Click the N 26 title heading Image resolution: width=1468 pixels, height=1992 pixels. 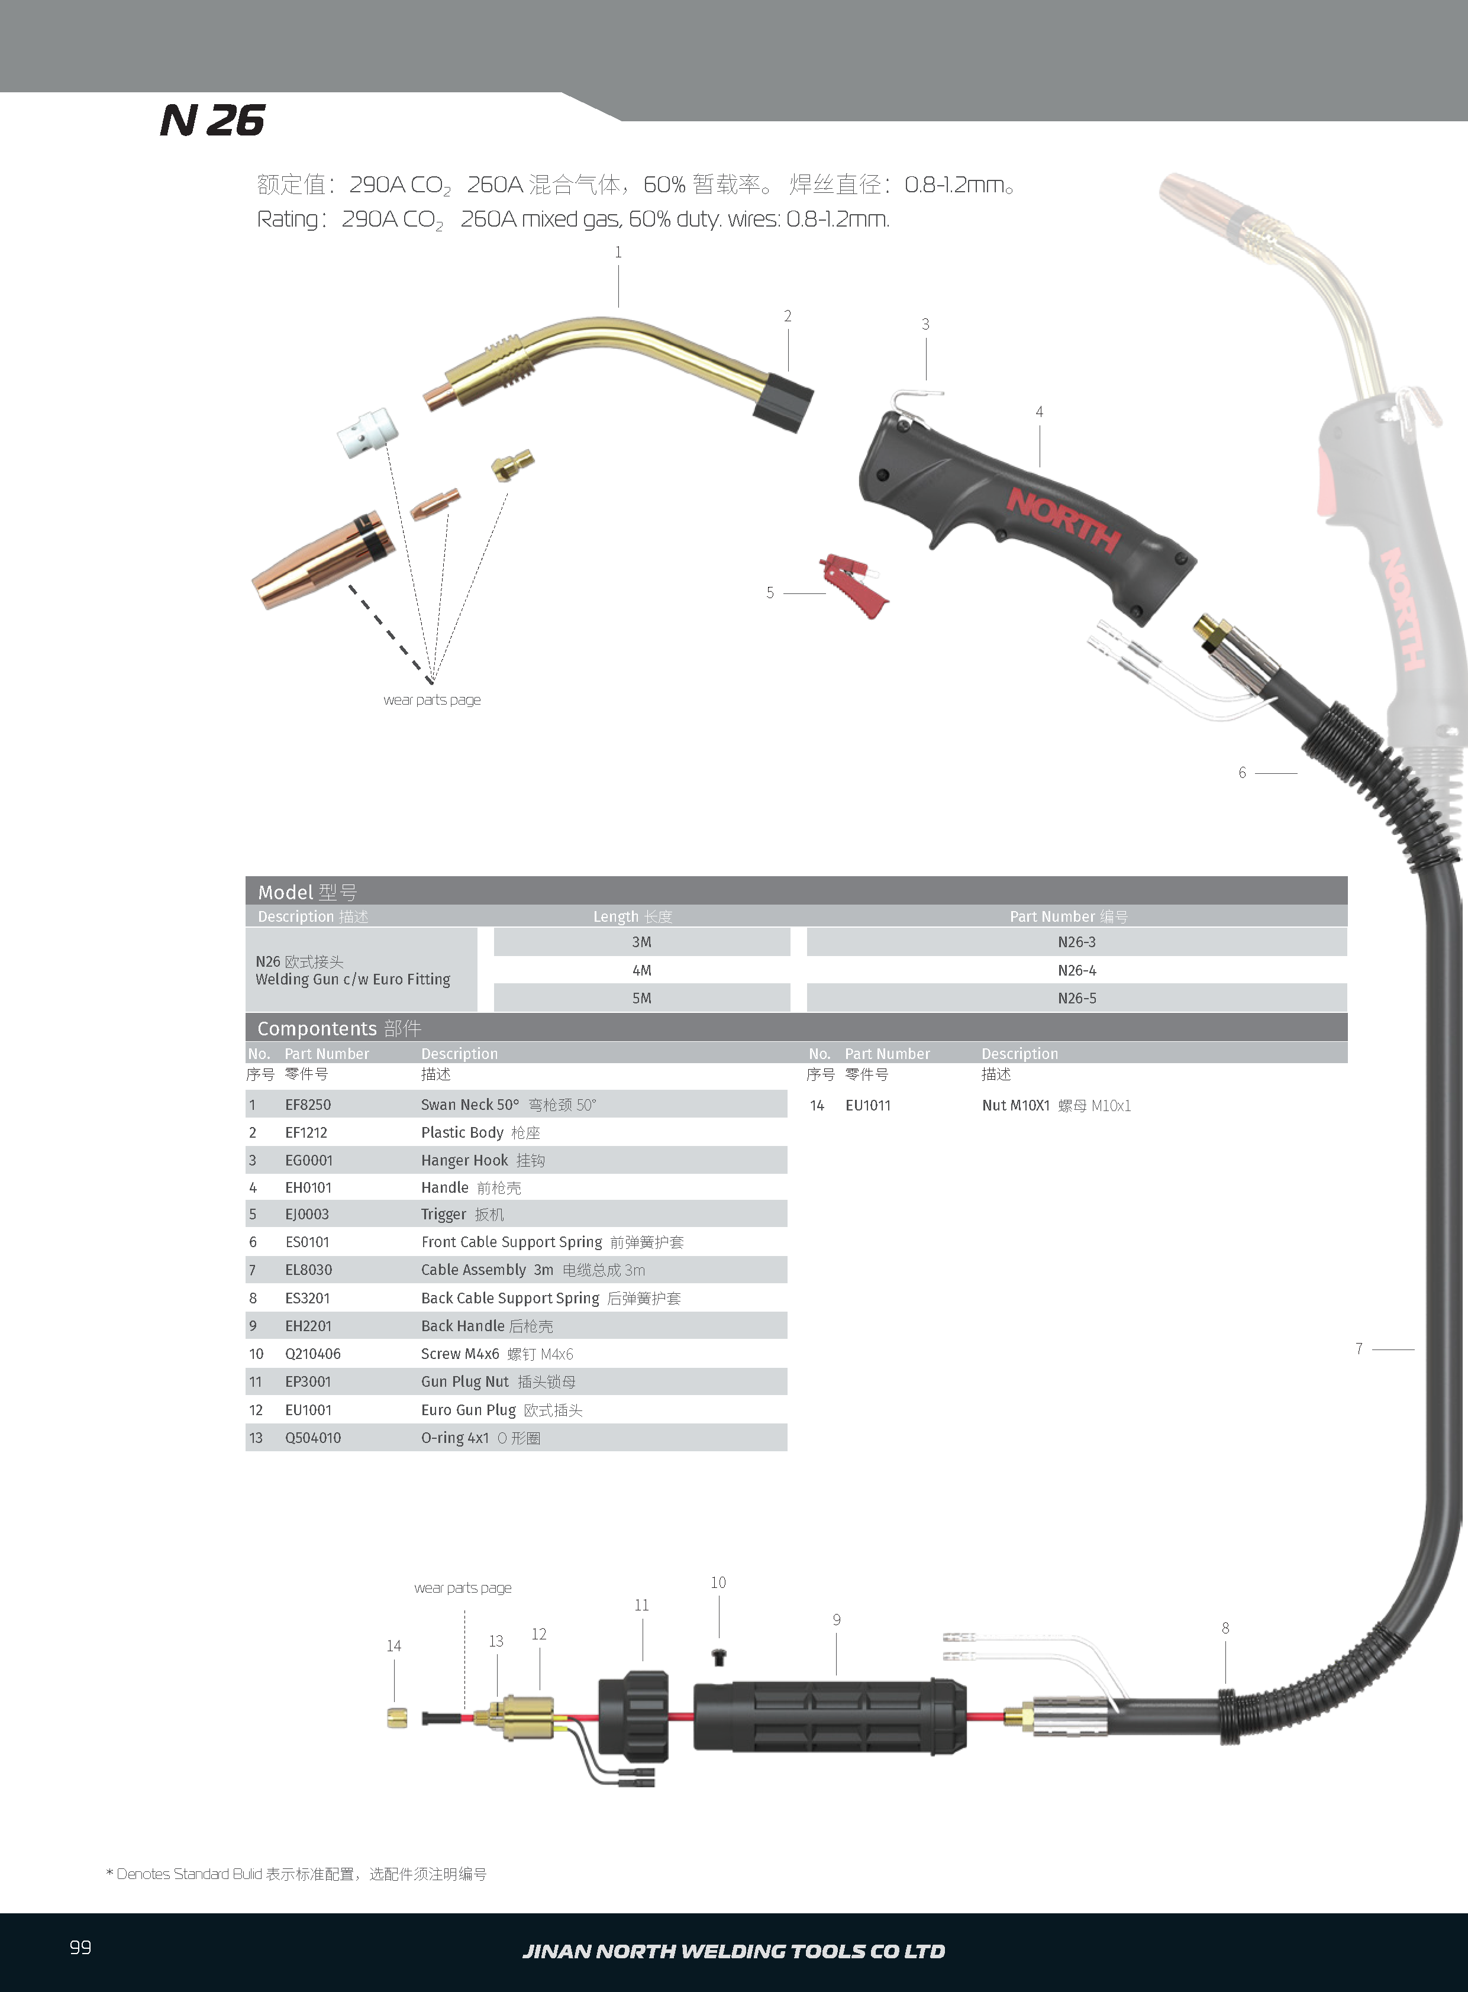click(212, 121)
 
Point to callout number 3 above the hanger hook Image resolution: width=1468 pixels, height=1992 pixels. click(925, 324)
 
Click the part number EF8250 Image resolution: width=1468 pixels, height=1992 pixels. click(308, 1105)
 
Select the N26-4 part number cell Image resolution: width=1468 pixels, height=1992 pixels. click(1076, 970)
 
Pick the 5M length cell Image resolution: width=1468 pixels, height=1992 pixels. click(641, 998)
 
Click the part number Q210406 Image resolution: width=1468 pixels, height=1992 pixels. click(313, 1353)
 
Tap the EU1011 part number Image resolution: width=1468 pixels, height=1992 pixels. click(867, 1105)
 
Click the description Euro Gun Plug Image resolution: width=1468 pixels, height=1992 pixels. click(468, 1409)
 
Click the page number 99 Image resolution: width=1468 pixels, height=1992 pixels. click(80, 1946)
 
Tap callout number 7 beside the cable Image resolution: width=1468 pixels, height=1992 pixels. click(1359, 1349)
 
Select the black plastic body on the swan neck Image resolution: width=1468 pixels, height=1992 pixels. click(783, 402)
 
